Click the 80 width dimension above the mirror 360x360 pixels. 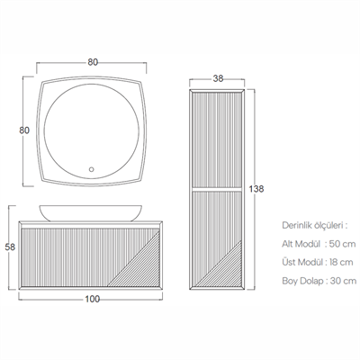93,62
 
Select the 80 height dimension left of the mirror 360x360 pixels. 24,130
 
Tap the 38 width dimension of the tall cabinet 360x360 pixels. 218,78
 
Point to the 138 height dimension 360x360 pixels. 256,189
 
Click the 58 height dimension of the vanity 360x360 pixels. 10,247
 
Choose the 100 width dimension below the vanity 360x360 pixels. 93,299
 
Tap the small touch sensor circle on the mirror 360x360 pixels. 92,169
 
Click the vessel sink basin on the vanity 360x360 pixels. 91,212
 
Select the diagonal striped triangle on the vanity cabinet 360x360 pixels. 141,267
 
